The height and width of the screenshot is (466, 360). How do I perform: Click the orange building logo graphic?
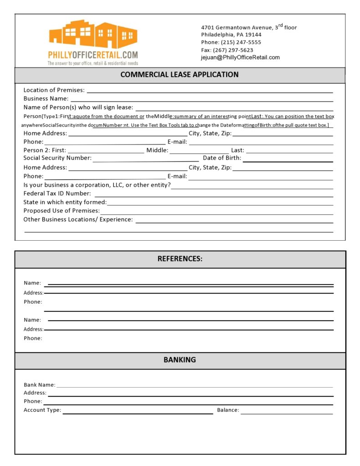coord(93,34)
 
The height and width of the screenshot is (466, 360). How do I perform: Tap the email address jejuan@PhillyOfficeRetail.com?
coord(240,57)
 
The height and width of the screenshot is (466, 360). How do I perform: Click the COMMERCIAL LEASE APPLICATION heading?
coord(180,75)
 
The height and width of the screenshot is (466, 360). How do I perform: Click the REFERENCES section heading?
coord(180,259)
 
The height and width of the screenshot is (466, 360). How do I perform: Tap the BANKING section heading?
coord(180,360)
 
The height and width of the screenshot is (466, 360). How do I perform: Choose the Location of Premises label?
coord(54,90)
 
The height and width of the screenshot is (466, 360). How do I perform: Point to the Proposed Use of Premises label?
coord(62,211)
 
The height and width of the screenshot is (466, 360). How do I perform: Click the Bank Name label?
coord(40,385)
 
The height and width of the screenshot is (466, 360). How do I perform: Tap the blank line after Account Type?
coord(138,413)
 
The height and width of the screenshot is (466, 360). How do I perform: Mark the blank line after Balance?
coord(287,413)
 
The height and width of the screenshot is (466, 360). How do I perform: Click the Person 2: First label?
coord(45,150)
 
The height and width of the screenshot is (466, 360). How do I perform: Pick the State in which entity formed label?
coord(65,202)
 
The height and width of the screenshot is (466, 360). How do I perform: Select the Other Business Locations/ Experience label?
coord(78,219)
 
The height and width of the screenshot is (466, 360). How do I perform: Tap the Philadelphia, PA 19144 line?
coord(231,35)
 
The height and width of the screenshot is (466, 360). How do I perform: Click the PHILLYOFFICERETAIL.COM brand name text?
coord(93,55)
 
